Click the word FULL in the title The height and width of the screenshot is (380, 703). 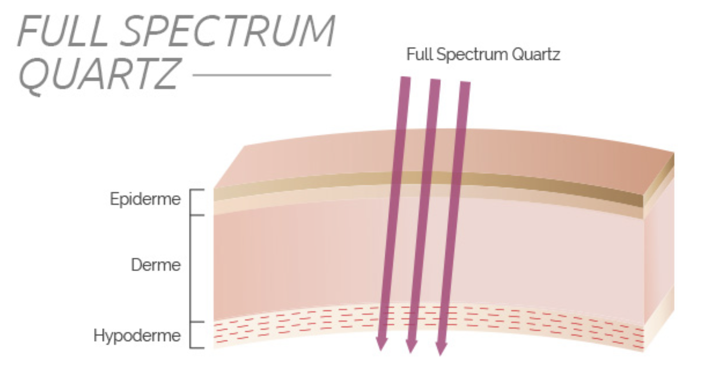click(x=63, y=31)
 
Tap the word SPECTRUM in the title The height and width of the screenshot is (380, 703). click(x=230, y=31)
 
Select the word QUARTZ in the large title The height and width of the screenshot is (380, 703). click(x=99, y=74)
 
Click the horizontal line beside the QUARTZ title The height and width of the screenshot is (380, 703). click(x=262, y=75)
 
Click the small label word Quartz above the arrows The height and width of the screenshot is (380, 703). click(x=536, y=55)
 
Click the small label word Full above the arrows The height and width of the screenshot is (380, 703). click(x=420, y=55)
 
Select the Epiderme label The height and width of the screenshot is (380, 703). click(x=145, y=199)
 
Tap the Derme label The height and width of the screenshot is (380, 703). click(x=156, y=265)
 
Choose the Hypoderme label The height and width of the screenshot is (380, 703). click(x=137, y=335)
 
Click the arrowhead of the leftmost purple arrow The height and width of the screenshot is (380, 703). click(x=381, y=343)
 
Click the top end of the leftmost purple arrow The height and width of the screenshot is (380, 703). click(x=405, y=79)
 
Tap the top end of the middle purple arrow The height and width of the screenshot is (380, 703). click(x=435, y=82)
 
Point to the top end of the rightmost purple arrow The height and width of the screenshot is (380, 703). click(x=465, y=84)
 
